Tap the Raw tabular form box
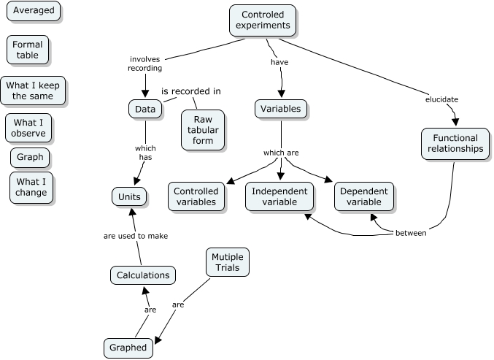tap(203, 130)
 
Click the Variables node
tap(281, 110)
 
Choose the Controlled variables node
tap(196, 196)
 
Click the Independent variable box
tap(279, 196)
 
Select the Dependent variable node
tap(365, 196)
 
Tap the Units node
tap(130, 196)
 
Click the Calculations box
tap(144, 275)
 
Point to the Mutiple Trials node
tap(228, 263)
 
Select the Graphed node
tap(129, 348)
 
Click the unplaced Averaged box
tap(34, 11)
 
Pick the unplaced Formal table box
tap(28, 50)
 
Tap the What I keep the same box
tap(33, 91)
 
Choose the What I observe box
tap(29, 128)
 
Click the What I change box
tap(31, 188)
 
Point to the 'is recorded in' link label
tap(190, 91)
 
